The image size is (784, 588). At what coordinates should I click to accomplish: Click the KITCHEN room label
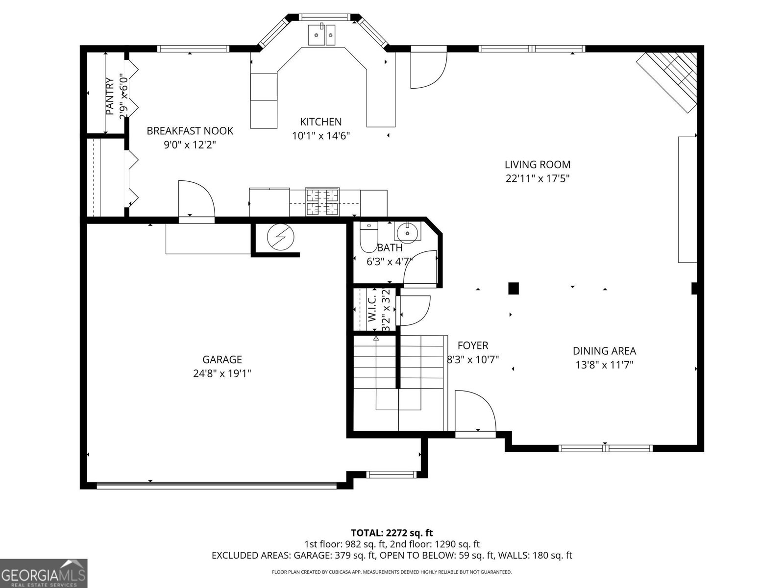[x=321, y=122]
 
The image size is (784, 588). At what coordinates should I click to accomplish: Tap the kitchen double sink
[x=322, y=35]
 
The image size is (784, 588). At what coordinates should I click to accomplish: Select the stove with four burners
[x=322, y=202]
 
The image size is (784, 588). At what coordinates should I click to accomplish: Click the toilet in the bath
[x=367, y=238]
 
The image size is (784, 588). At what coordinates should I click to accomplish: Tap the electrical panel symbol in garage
[x=280, y=238]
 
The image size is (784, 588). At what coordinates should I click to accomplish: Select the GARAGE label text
[x=222, y=360]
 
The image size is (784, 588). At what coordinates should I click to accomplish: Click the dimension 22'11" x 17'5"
[x=538, y=179]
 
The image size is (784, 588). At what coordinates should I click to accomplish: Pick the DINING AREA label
[x=604, y=351]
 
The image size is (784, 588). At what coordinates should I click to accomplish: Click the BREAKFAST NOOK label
[x=190, y=131]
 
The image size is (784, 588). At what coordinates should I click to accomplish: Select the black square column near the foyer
[x=513, y=288]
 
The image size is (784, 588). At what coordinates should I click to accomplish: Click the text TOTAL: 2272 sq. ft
[x=392, y=533]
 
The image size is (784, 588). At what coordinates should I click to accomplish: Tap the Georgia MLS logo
[x=44, y=573]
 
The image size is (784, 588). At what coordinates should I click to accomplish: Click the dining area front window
[x=605, y=448]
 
